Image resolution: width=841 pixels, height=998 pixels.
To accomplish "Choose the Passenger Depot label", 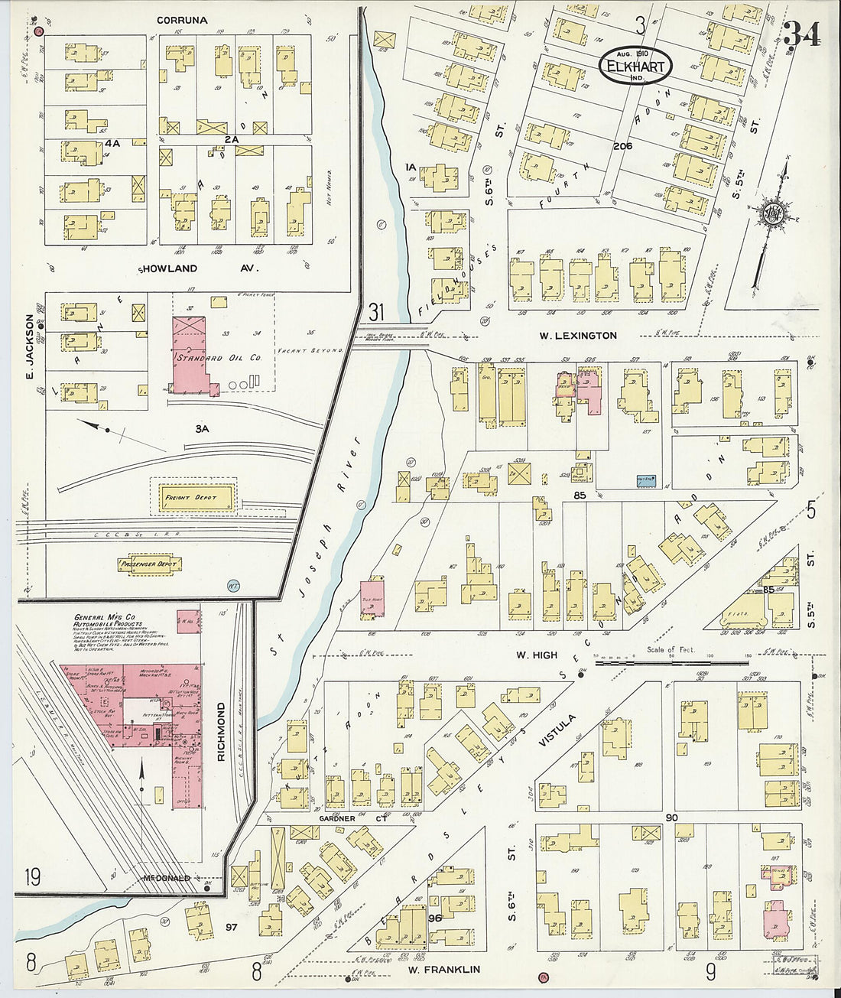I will tap(148, 564).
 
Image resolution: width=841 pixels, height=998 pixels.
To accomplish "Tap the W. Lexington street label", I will tap(577, 335).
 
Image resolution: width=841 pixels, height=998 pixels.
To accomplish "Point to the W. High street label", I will tap(536, 655).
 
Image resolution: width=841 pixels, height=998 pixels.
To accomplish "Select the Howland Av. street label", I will tap(200, 269).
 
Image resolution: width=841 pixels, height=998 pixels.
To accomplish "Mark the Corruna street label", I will tap(182, 20).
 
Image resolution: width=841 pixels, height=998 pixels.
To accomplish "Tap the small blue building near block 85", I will tap(648, 481).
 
